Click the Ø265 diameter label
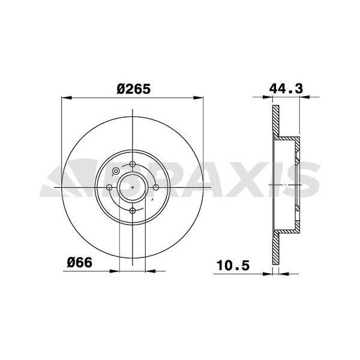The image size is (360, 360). (x=133, y=88)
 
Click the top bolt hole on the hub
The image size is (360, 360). (x=132, y=164)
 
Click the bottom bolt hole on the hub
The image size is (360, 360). (x=132, y=209)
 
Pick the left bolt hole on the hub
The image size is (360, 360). (x=109, y=187)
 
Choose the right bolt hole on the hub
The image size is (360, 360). (x=155, y=187)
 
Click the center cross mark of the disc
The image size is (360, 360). (x=132, y=187)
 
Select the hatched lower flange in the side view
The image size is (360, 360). (x=276, y=252)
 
